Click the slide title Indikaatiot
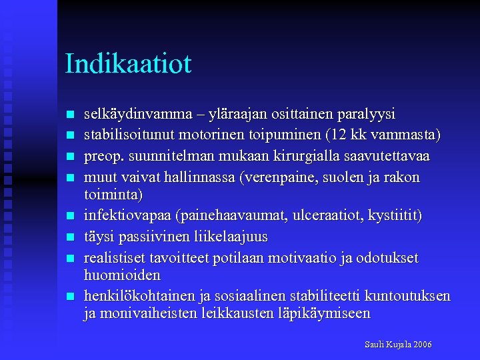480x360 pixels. coord(128,64)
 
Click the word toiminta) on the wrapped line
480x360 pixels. coord(113,195)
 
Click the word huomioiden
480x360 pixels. coord(122,275)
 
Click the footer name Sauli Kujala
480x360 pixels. coord(388,345)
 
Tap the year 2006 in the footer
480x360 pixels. coord(423,345)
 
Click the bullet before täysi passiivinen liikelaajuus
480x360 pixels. coord(71,237)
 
